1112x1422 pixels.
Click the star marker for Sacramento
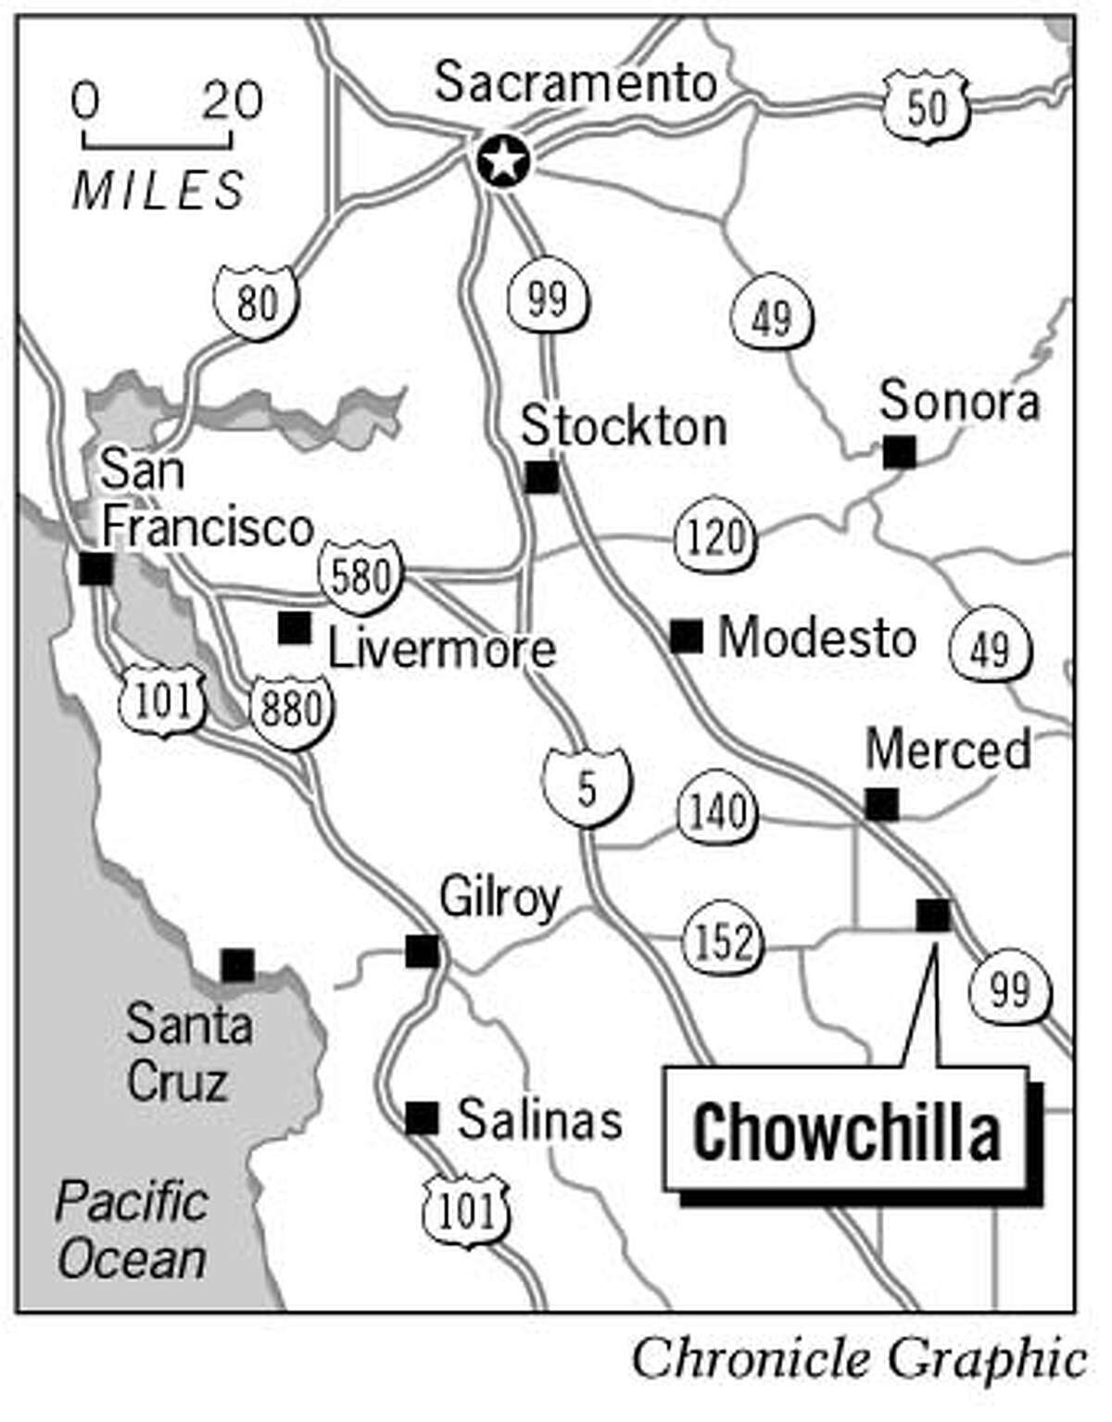503,162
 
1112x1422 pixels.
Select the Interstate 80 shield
257,302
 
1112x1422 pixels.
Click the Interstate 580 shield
360,578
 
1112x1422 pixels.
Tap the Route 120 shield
716,537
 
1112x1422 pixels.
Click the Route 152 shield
724,941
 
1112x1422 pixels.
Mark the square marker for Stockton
542,477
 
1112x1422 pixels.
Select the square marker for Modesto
687,636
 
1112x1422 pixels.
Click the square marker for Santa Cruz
237,965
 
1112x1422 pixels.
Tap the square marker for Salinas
423,1118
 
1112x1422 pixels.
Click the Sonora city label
959,402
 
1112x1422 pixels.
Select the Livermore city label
442,649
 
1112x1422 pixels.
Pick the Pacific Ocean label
132,1231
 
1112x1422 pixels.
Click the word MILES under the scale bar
158,191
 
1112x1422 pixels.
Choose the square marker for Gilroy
423,950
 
